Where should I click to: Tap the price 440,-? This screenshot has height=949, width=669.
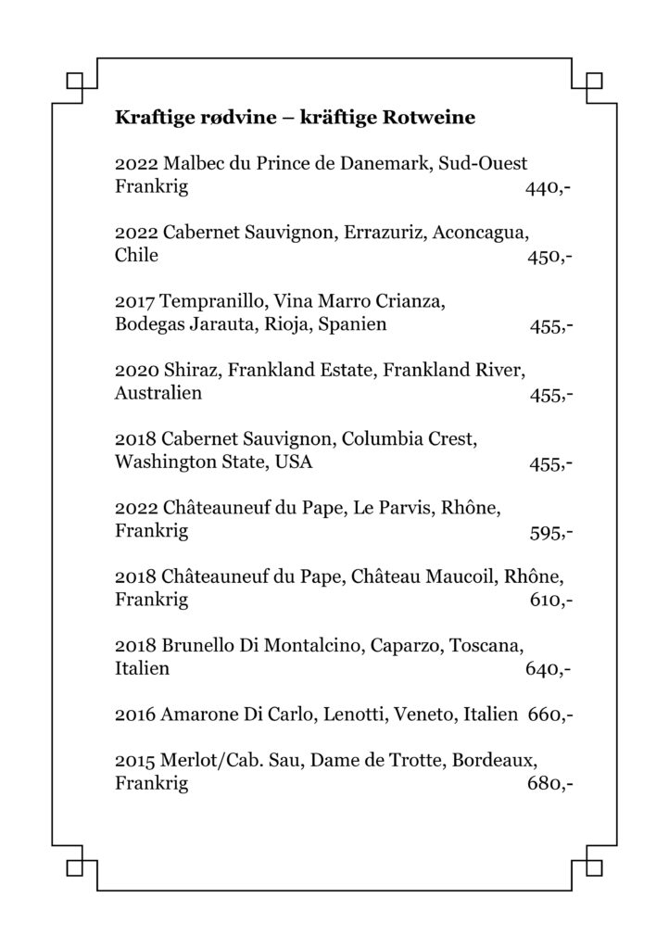[547, 188]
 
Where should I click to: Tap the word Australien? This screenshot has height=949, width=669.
[158, 394]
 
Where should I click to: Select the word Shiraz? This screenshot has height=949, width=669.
[189, 371]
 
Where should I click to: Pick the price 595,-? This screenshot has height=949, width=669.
[548, 532]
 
